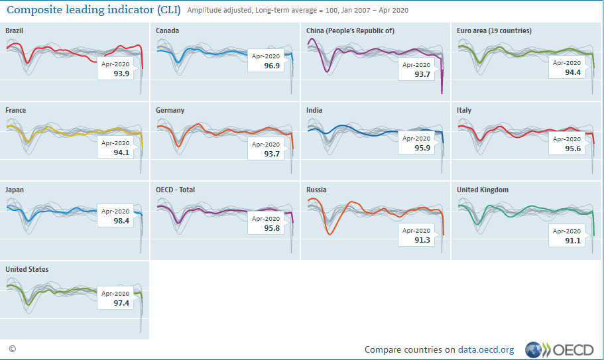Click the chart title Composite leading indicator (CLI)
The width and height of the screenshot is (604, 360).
coord(93,10)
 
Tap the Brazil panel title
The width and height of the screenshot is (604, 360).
coord(15,31)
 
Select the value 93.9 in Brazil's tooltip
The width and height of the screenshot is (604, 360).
coord(121,74)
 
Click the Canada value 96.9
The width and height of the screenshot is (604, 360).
coord(272,66)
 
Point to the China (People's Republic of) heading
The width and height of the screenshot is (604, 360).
coord(350,31)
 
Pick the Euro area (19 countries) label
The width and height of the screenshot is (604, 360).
coord(494,31)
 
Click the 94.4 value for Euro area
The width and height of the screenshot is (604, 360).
coord(573,73)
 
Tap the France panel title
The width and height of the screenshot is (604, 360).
coord(16,111)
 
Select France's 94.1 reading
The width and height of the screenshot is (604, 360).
coord(121,153)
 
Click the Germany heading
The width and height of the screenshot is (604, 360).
coord(170,111)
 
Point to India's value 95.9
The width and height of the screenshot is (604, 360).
coord(422,149)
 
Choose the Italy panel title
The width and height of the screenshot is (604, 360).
coord(464,111)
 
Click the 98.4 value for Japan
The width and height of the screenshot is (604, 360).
coord(121,221)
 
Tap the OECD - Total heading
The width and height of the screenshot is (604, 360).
coord(175,190)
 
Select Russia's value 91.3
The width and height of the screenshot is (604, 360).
coord(422,240)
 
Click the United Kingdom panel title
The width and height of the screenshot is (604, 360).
coord(483,190)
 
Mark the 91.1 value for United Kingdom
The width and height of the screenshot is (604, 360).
coord(573,241)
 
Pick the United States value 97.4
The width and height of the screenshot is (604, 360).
coord(121,303)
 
